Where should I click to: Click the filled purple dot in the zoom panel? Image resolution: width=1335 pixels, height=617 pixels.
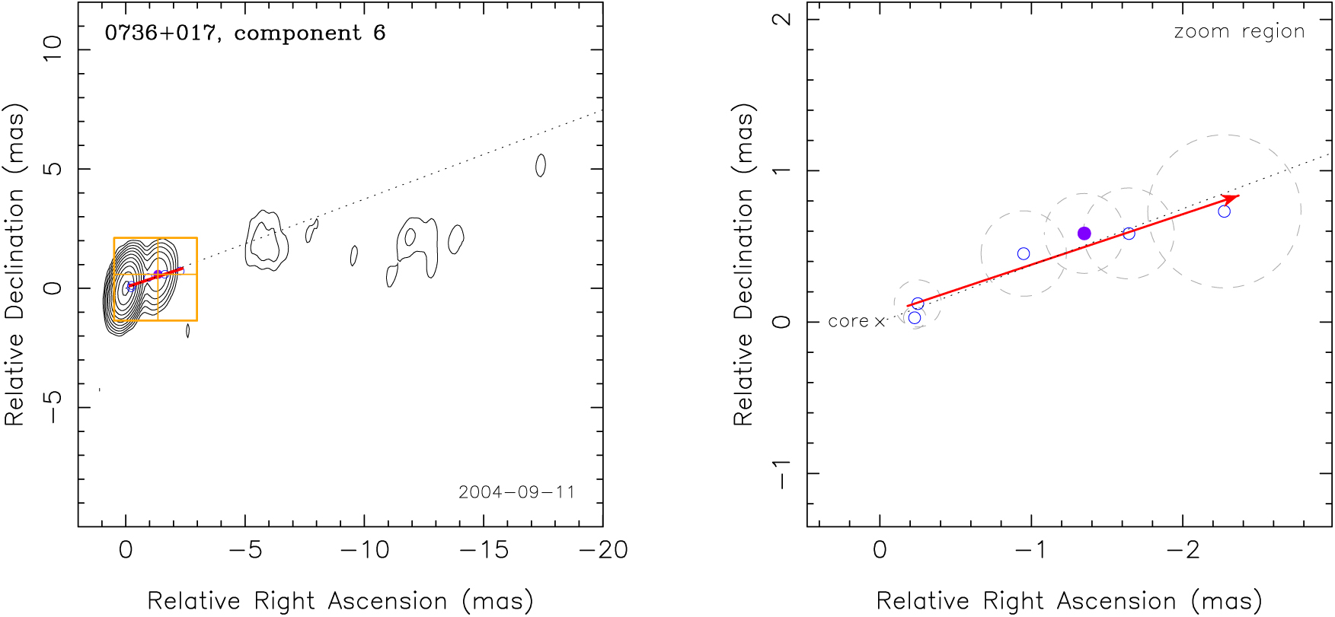click(1084, 234)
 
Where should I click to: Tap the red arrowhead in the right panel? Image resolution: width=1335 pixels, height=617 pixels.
click(1232, 198)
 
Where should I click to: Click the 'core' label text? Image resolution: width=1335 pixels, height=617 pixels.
click(848, 322)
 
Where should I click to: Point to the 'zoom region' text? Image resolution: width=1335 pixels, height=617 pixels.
click(1239, 32)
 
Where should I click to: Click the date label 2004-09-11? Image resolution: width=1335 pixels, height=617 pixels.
click(516, 492)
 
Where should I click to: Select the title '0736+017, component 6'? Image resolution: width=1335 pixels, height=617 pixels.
click(245, 33)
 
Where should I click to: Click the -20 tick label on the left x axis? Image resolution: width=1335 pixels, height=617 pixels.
click(603, 550)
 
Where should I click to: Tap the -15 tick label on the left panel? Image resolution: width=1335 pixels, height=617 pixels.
click(484, 550)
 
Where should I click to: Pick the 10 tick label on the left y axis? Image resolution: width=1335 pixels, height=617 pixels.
click(53, 49)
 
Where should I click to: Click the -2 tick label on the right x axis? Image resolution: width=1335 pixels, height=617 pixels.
click(1183, 550)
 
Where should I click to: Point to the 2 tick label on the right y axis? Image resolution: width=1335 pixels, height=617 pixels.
click(782, 19)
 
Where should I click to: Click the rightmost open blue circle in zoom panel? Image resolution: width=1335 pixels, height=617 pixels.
click(1225, 211)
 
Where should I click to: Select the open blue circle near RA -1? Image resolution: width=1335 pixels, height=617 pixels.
click(1024, 254)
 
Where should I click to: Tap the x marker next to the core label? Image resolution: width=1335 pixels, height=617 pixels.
click(880, 323)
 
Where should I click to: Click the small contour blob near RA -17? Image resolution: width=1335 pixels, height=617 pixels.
click(541, 165)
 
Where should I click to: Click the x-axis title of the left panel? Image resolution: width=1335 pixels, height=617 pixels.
click(340, 601)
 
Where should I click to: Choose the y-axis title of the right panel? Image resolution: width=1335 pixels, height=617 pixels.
click(743, 265)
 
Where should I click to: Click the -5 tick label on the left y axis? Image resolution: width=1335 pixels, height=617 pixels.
click(53, 408)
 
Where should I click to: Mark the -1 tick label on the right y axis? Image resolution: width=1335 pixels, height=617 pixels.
click(782, 473)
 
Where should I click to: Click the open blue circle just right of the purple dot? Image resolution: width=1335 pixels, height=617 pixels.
click(1129, 234)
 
